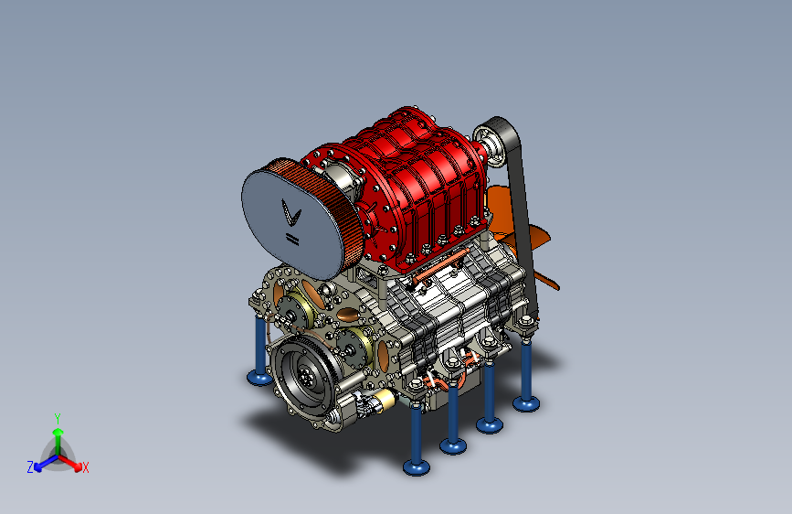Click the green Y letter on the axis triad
(x=58, y=418)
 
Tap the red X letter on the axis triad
(x=85, y=467)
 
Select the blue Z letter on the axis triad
(x=30, y=467)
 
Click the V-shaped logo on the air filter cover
(x=290, y=212)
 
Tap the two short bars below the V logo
(x=292, y=239)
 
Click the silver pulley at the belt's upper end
(x=489, y=146)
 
